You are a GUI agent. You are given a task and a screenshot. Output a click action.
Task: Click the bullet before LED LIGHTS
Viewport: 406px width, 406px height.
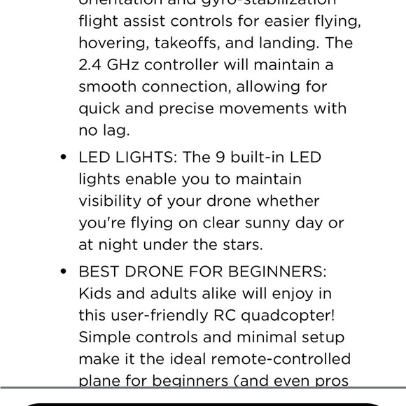click(x=64, y=158)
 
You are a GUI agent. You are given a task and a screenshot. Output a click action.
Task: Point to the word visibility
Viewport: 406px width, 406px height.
click(x=111, y=202)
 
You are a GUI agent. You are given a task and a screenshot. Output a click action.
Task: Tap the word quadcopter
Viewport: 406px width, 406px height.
click(x=280, y=315)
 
